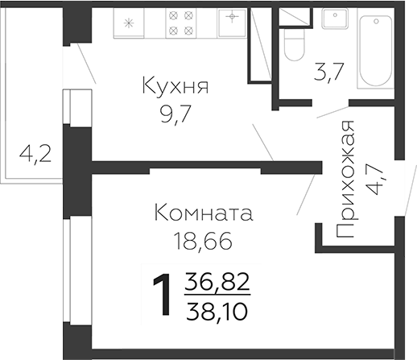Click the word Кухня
click(175, 86)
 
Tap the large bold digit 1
click(163, 296)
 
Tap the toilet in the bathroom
click(293, 44)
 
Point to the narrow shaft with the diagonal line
click(262, 43)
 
